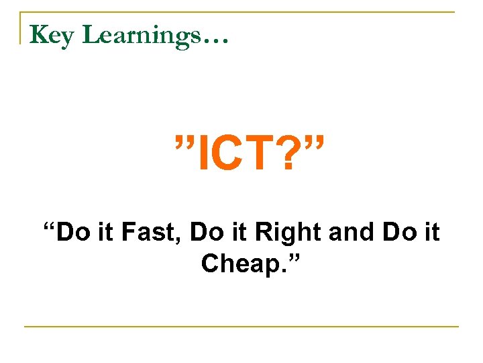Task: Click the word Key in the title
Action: pos(52,36)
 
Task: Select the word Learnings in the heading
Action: pos(140,36)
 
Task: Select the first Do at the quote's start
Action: pos(72,233)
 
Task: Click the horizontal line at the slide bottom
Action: pos(241,327)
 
